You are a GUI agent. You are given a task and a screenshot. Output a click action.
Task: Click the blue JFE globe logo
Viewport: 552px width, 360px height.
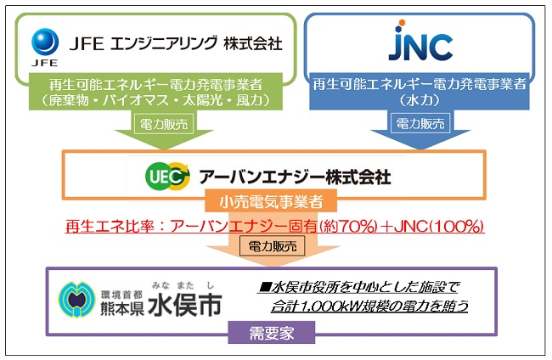45,42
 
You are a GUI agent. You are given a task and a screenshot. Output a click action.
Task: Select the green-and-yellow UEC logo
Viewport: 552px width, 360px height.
167,176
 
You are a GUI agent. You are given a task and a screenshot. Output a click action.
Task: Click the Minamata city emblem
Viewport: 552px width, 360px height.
76,300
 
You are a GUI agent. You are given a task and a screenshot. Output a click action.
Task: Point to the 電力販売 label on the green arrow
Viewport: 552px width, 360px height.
164,124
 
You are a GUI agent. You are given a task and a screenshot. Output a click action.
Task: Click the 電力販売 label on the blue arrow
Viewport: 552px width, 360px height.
420,123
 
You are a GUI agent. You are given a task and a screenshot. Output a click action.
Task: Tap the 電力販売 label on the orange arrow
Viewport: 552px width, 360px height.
273,245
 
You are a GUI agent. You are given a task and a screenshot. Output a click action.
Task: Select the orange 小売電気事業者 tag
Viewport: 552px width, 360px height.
271,201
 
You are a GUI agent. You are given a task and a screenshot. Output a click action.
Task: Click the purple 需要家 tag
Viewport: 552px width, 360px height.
272,333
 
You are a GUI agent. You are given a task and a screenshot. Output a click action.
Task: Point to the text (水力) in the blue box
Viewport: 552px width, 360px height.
420,100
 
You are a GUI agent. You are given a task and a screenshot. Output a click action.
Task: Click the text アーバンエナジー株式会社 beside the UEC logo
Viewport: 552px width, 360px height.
295,177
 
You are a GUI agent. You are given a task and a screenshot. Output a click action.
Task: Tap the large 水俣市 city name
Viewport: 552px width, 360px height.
185,305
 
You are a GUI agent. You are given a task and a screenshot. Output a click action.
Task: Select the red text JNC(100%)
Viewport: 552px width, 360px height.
439,227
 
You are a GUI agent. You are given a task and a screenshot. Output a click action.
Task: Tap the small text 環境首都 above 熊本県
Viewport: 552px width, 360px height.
121,294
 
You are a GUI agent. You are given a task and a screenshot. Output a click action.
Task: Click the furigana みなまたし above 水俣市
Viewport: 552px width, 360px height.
183,285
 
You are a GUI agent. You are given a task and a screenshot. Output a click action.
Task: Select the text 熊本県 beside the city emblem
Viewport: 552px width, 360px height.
122,308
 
